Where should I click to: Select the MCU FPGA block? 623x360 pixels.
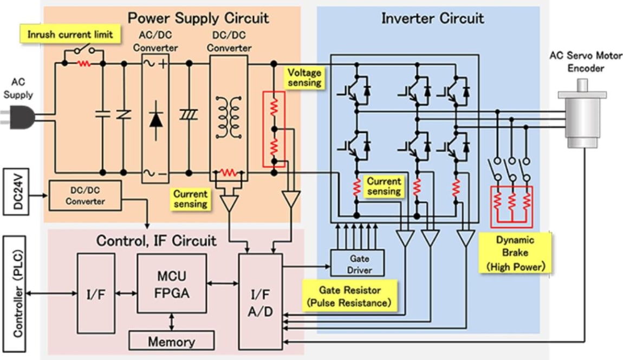pos(171,284)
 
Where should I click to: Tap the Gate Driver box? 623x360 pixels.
pos(358,262)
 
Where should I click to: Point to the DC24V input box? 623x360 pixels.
pos(17,192)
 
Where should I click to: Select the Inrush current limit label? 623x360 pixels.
pos(70,34)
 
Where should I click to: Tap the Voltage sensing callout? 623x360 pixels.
pos(304,78)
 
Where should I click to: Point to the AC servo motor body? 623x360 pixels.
pos(582,114)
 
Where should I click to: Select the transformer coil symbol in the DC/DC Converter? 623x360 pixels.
pos(229,117)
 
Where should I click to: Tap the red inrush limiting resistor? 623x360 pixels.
pos(83,63)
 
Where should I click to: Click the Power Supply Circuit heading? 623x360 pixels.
pos(198,18)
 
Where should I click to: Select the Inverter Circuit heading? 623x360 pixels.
pos(432,18)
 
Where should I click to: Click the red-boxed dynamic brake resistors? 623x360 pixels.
pos(511,206)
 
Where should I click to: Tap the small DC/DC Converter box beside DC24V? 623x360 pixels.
pos(85,195)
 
